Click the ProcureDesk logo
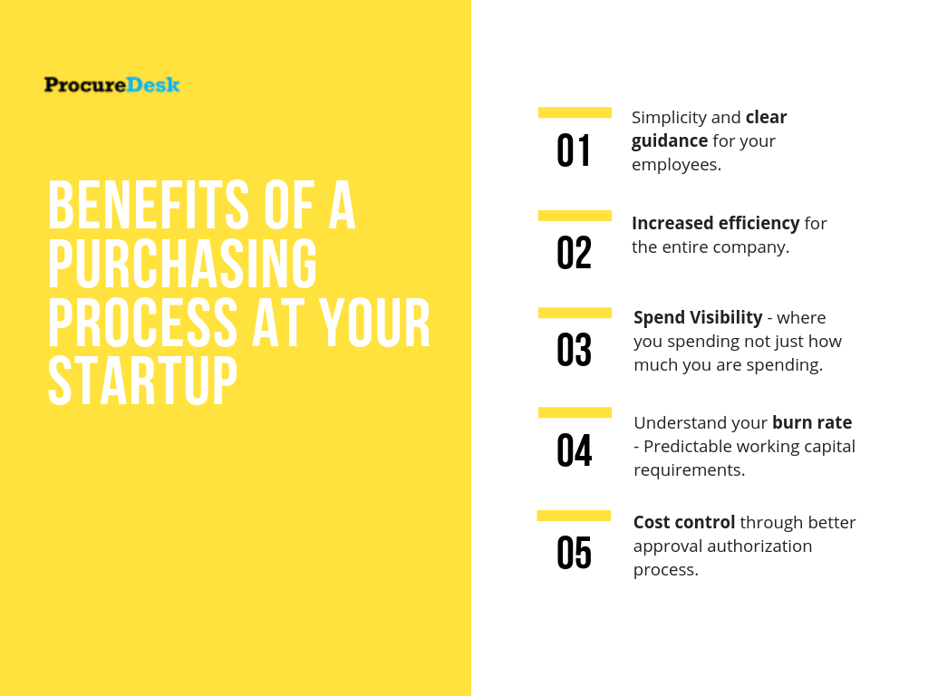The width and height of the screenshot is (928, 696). pos(111,85)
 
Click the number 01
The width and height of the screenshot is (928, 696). pos(574,151)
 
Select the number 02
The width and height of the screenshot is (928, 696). pos(574,254)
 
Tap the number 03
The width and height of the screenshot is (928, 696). pos(574,351)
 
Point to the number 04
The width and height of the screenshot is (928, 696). pos(574,450)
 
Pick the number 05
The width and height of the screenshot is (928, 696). pos(574,554)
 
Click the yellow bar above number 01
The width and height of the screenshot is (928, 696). pos(575,112)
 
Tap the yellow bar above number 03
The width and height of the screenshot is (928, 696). pos(575,313)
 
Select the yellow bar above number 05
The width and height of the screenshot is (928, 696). pos(574,516)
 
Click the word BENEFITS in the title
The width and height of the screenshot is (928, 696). pos(148,206)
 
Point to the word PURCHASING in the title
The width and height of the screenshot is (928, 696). pos(182,265)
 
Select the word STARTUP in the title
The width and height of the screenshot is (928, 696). pos(142,381)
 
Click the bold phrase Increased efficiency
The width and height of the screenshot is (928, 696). pos(715,223)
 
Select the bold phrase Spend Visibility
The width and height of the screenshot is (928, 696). pos(698,317)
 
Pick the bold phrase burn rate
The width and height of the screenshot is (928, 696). pos(811,422)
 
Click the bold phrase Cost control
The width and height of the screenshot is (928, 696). pos(684,522)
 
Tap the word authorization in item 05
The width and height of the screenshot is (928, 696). pos(759,546)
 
